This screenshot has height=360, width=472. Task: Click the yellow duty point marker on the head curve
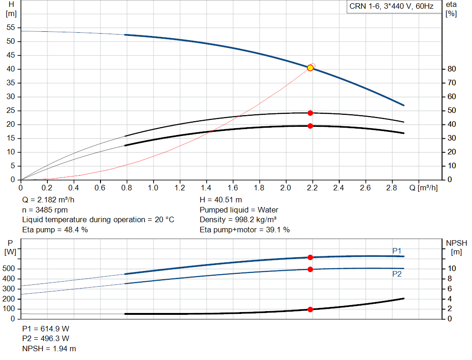[x=310, y=68]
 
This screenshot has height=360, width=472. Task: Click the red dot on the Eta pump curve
[x=310, y=113]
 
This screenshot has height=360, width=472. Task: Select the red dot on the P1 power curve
[x=310, y=257]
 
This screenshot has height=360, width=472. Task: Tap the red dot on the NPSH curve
[x=310, y=310]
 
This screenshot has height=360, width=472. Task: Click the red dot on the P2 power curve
[x=310, y=269]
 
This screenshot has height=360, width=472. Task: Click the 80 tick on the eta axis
[x=451, y=69]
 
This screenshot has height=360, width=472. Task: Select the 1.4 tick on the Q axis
[x=206, y=188]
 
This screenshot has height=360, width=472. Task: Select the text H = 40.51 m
[x=221, y=200]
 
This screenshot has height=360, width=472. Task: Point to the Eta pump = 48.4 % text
[x=55, y=230]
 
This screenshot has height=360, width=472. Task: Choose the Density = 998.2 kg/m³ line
[x=238, y=220]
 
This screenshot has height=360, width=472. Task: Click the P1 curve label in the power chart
[x=397, y=251]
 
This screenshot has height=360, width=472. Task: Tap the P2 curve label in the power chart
[x=397, y=274]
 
